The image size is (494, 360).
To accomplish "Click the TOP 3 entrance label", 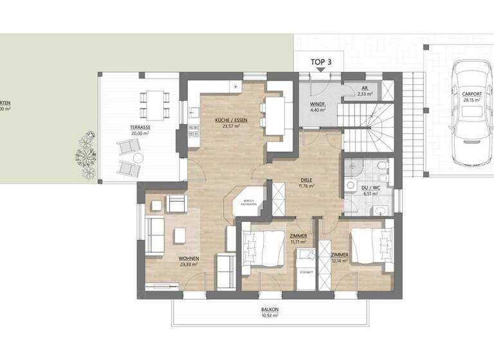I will pos(321,62).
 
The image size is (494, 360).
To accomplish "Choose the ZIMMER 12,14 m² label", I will pos(340,258).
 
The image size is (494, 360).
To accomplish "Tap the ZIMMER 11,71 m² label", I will pos(298,240).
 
